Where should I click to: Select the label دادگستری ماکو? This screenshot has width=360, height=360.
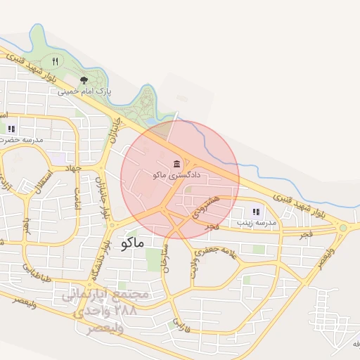click(x=176, y=174)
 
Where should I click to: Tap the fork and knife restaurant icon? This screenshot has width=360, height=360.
click(x=55, y=61)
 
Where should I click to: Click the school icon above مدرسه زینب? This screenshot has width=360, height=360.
click(x=256, y=211)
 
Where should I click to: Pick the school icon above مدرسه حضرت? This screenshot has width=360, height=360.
click(x=11, y=129)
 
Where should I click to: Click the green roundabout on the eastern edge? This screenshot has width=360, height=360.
click(x=342, y=227)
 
